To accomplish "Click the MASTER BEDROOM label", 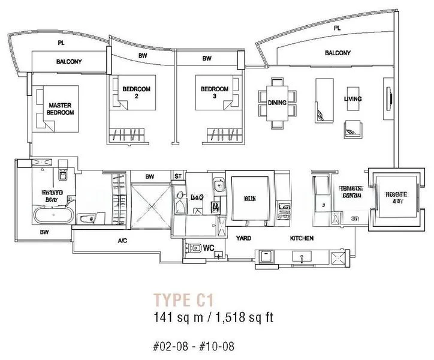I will tap(61, 109).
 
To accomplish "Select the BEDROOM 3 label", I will tap(215, 92).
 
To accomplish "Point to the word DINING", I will tap(277, 103).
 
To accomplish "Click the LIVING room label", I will tap(352, 98).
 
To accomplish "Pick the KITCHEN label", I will tap(302, 238).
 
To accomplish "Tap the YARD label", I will tap(243, 238).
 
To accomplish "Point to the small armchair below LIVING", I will tap(352, 126).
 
